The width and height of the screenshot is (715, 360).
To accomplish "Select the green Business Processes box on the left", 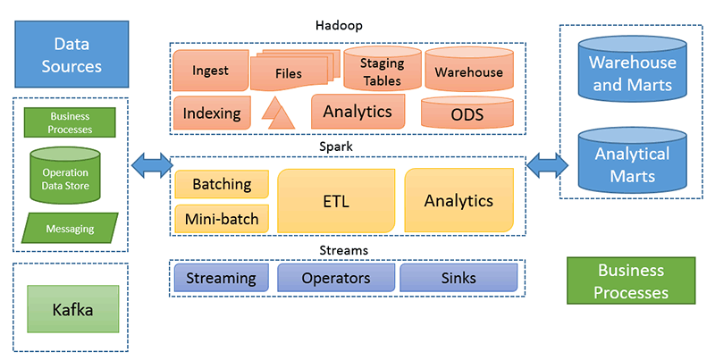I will [71, 122].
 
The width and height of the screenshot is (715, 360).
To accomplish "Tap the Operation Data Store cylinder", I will [71, 174].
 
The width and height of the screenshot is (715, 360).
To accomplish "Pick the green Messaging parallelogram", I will [71, 229].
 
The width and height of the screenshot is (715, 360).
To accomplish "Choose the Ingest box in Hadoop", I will [210, 71].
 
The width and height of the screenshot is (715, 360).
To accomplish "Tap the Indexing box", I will [212, 113].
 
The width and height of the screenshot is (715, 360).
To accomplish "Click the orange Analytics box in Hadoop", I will [357, 112].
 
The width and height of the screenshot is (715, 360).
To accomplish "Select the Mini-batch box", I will [221, 217].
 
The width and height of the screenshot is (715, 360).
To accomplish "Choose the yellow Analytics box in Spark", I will [458, 200].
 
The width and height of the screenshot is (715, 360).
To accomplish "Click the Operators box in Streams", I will [334, 279].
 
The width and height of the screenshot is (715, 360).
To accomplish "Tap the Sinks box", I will [458, 279].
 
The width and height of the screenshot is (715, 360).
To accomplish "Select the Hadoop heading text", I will [347, 28].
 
